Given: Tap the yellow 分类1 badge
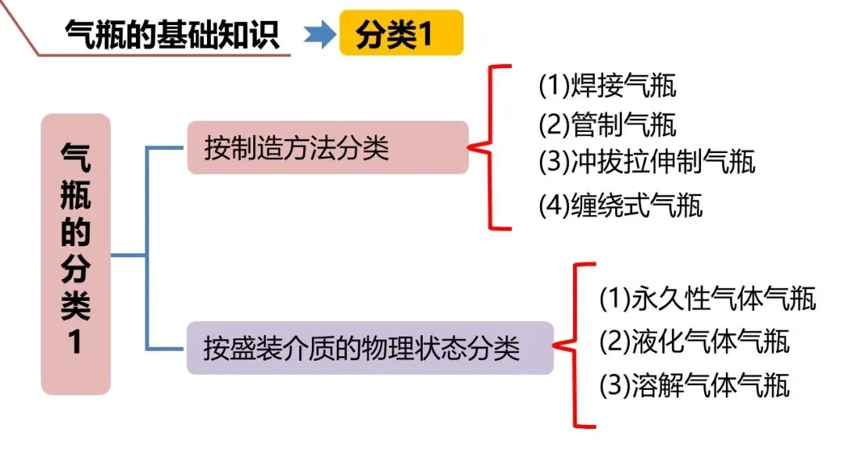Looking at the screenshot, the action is click(401, 34).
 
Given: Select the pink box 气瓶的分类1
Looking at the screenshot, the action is click(76, 254).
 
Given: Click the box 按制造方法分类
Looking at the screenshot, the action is click(327, 147).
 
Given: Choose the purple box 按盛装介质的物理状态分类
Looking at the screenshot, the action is click(370, 347).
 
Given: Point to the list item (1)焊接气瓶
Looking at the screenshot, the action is click(607, 86).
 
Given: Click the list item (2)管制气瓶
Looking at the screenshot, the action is click(607, 124).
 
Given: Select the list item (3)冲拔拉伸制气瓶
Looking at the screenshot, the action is click(647, 162).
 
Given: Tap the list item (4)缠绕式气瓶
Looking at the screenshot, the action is click(620, 205).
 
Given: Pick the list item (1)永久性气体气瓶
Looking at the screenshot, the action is click(707, 298).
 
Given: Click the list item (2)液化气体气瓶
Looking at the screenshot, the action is click(694, 341).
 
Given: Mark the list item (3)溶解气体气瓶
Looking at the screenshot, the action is click(694, 384).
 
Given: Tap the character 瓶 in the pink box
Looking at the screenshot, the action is click(76, 195).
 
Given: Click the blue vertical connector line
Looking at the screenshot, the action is click(147, 248).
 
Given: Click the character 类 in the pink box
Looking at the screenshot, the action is click(76, 307).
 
